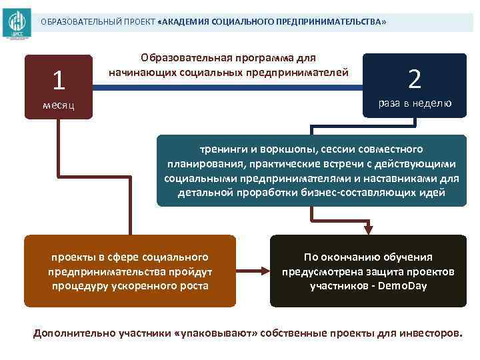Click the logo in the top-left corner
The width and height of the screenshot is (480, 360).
[16, 23]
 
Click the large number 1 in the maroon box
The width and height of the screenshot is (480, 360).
[59, 81]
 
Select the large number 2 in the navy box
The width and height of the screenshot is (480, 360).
[415, 79]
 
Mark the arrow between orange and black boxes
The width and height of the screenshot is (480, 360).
[252, 271]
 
